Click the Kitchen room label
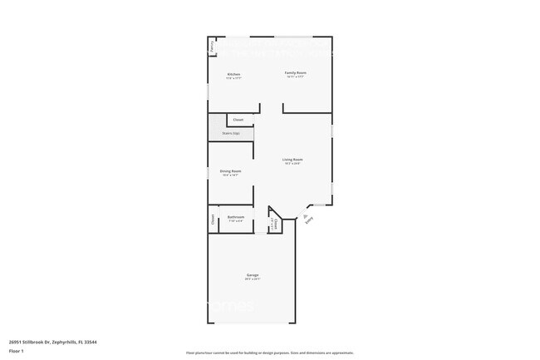pos(234,75)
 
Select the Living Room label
pos(292,160)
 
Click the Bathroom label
pos(235,217)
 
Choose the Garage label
pos(253,274)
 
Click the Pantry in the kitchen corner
pos(212,47)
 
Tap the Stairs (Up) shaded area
pos(230,133)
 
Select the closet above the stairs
pos(238,120)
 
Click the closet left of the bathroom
pos(212,220)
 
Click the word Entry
pos(309,221)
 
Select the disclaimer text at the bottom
pos(269,353)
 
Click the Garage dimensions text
pos(253,279)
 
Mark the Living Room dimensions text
pos(292,164)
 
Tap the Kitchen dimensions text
pos(234,79)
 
